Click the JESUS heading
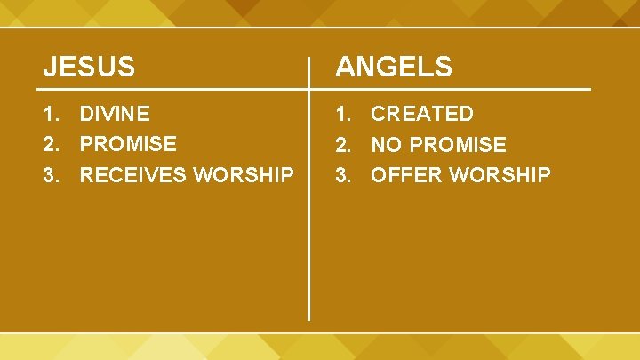coord(90,67)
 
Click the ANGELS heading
coord(393,67)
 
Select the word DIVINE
coord(115,114)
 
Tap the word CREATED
coord(422,114)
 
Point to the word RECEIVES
coord(133,175)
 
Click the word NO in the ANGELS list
coord(385,144)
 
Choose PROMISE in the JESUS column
coord(128,144)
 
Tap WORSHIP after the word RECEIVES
coord(244,175)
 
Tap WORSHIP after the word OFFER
coord(500,175)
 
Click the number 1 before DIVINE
coord(51,114)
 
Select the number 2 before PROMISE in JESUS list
coord(51,144)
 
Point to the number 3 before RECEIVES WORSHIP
coord(51,175)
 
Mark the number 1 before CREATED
coord(341,114)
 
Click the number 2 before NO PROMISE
coord(341,144)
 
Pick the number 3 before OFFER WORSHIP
coord(341,175)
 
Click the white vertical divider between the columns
coord(308,222)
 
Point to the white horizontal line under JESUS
coord(169,89)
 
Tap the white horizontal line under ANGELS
coord(453,89)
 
